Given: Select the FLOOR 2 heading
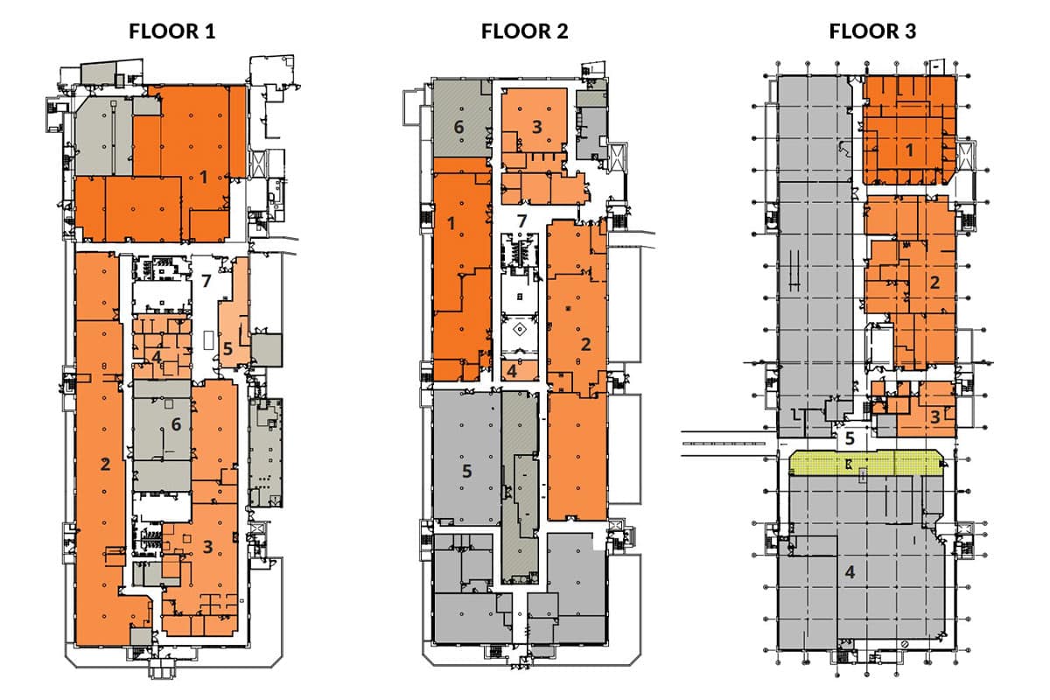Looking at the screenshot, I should point(524,32).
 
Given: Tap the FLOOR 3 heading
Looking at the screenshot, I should point(872,32).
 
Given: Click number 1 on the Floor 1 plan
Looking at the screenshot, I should point(203,177).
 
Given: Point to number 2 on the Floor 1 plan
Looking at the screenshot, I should point(105,465).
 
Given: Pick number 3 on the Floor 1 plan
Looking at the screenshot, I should point(207,547).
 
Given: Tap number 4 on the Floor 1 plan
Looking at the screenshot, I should point(156,357).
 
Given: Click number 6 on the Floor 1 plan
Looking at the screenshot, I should point(176,424).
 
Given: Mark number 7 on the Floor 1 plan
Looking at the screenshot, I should point(206,281).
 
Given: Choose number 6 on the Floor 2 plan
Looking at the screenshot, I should point(458,127).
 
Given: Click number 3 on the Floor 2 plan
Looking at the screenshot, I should point(537,127).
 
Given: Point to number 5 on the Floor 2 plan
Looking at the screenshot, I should point(467,470).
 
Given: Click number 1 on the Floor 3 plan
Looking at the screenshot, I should point(909,150).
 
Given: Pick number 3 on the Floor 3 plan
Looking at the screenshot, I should point(934,417).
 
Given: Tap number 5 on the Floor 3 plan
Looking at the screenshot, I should point(849,437).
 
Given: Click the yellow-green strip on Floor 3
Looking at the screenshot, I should point(866,464).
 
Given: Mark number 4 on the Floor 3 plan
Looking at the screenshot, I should point(848,572).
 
